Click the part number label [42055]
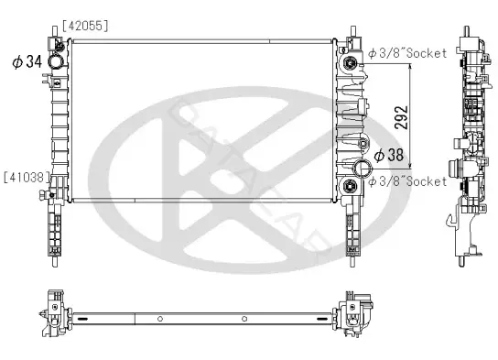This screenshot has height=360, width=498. point(85,26)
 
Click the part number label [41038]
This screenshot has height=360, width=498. point(27,178)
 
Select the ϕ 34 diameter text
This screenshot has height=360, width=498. point(27,61)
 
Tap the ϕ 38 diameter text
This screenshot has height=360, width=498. point(389,155)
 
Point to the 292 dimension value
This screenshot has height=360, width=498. point(401,117)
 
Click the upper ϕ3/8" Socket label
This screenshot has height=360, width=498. point(407,53)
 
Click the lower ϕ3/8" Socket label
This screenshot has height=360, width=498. point(407,181)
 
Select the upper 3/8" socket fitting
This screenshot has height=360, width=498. point(351,63)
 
